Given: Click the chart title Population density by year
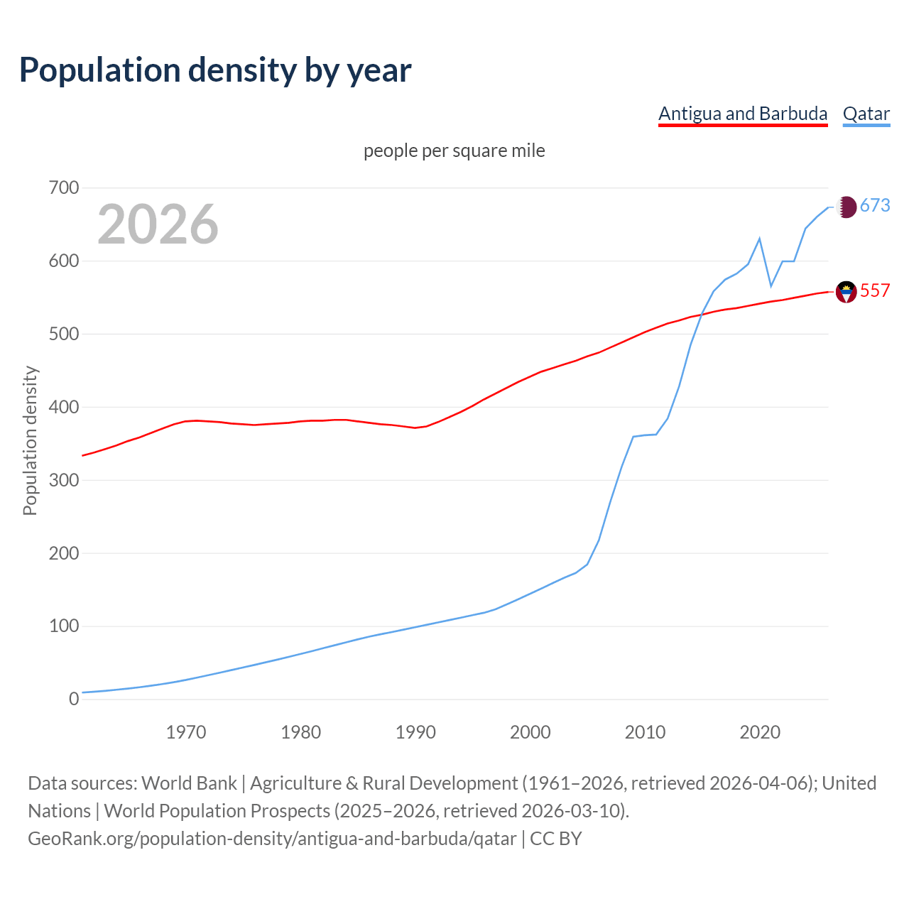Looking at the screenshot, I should tap(215, 70).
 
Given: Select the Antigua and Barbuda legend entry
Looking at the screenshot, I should tap(743, 114).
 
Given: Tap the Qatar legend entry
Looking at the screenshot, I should tap(866, 114).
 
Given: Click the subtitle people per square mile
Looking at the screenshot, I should tap(454, 151).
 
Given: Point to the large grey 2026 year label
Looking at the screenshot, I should tap(158, 224).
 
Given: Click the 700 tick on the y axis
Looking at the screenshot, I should tap(64, 188).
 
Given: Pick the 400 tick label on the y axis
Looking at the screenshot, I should tap(64, 408).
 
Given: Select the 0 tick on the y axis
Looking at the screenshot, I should tap(74, 700).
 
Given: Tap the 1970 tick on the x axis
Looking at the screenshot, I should tap(186, 732).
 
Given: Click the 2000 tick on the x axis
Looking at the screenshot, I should tap(530, 732).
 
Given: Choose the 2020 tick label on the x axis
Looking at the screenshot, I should tap(760, 732).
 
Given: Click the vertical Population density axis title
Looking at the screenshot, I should tap(30, 440).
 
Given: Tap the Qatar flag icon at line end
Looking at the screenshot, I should tap(846, 207).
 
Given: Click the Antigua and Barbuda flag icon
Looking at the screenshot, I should tap(846, 291).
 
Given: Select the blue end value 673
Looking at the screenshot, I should tap(875, 206).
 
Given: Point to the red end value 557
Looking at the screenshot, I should tap(875, 291).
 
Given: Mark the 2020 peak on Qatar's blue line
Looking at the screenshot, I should tap(760, 239).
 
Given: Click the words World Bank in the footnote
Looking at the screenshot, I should tap(189, 783).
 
